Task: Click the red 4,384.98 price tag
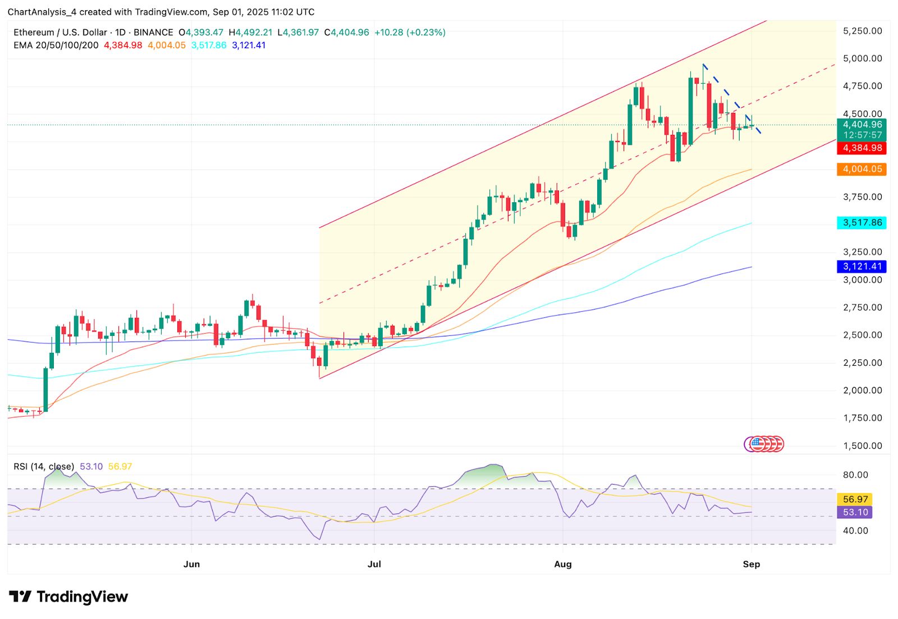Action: pos(862,148)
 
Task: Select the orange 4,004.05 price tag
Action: pos(862,169)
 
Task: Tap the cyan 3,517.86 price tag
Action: pos(862,223)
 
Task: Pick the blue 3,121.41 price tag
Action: pos(862,267)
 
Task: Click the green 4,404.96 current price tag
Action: pos(862,125)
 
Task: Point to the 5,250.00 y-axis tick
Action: pos(862,31)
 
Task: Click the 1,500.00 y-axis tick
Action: pos(862,446)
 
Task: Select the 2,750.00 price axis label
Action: pos(862,307)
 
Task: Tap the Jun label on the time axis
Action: pos(191,564)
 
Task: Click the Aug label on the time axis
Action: pos(562,564)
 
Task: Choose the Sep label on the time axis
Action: pos(751,564)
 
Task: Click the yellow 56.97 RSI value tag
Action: pos(855,499)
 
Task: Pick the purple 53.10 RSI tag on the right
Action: pos(855,512)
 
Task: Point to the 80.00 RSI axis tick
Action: pos(855,475)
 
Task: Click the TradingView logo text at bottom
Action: pos(82,597)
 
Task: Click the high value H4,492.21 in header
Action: pos(250,33)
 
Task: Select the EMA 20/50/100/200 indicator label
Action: pos(56,45)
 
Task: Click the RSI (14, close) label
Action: pos(44,467)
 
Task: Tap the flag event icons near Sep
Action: pos(764,444)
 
